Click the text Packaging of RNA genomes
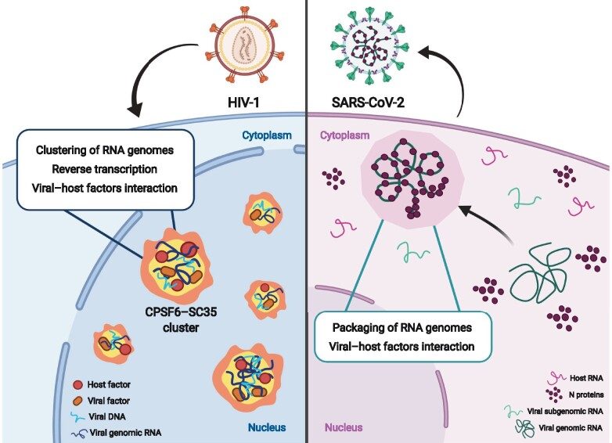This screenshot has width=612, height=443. (403, 326)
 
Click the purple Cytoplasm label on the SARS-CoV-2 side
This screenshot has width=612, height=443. (345, 135)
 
